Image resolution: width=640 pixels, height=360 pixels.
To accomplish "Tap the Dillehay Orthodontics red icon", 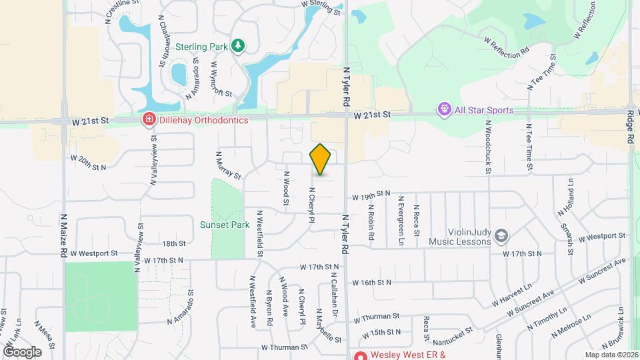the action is coord(149,119).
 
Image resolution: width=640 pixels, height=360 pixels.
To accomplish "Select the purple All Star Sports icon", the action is coord(443,109).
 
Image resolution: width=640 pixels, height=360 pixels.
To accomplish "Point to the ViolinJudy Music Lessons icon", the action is coord(501,235).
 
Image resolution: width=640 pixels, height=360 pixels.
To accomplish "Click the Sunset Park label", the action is coord(225,225).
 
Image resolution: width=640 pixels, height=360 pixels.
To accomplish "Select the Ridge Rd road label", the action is coord(630,127).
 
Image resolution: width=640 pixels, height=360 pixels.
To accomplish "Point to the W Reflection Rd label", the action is coord(508,49).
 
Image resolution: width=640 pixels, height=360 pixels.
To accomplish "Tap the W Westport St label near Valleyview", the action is coord(94,253).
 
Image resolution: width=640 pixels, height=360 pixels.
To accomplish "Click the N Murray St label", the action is coord(228,165).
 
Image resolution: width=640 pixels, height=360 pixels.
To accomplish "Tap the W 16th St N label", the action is coord(371,283).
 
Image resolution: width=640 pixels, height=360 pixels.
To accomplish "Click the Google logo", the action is coord(22,351).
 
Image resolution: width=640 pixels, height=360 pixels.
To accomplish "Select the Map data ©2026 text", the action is coord(611,355).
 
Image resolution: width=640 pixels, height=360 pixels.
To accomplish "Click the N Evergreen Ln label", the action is coord(401,211).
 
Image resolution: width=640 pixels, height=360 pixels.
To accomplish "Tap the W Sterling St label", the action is coord(321,5).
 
